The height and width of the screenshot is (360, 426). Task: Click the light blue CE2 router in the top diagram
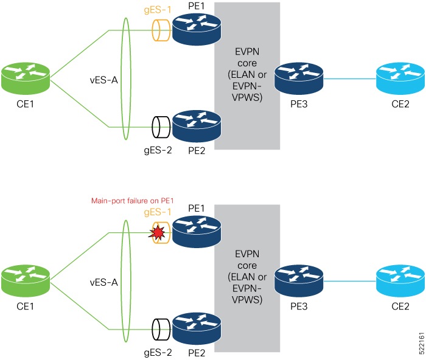399,78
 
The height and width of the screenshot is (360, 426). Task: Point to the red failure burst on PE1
160,232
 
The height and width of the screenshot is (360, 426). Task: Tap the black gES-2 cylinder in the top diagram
161,127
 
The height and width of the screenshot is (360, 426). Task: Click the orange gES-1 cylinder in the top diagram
161,29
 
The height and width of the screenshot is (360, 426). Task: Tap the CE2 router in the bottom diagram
399,280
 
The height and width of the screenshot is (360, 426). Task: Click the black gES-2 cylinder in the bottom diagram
161,330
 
